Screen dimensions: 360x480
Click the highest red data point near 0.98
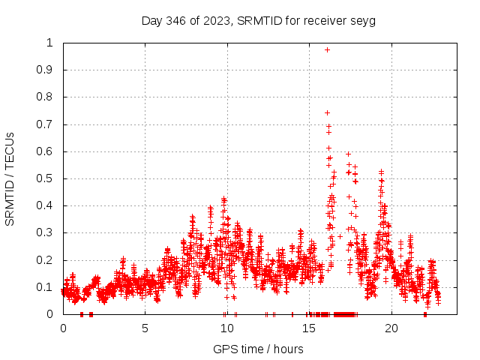pos(327,49)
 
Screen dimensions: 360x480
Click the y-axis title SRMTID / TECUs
pos(10,178)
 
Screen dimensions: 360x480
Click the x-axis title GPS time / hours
pos(258,349)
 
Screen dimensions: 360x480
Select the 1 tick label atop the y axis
pos(50,43)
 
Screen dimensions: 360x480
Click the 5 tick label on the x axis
pos(145,328)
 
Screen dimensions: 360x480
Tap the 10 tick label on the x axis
pos(227,328)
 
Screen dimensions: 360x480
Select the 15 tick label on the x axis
pos(309,328)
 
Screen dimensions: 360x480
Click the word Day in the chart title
pos(151,20)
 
